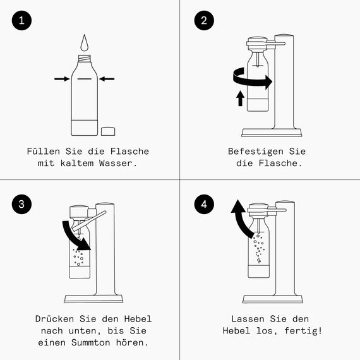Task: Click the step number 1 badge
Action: pos(22,21)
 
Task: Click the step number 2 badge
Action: pos(203,21)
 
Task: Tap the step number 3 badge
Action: pos(22,203)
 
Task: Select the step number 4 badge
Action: pos(203,203)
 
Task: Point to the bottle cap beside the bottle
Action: pos(109,131)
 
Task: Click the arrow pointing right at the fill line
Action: pos(61,78)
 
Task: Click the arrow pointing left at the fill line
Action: pos(107,78)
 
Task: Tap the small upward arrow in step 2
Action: pos(240,98)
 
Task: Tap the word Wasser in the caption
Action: pos(118,163)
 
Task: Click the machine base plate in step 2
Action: pos(272,133)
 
